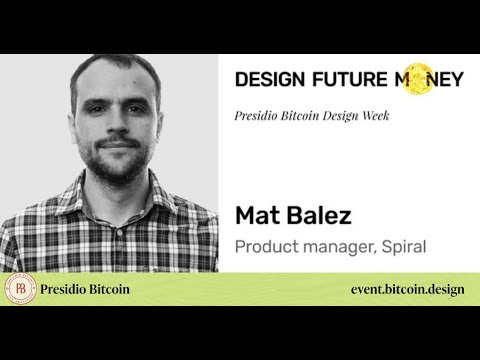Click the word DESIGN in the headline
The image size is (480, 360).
tap(266, 80)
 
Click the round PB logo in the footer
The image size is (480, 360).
tap(20, 289)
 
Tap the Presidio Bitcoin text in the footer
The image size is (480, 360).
tap(85, 289)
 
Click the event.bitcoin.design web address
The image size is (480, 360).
tap(408, 289)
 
